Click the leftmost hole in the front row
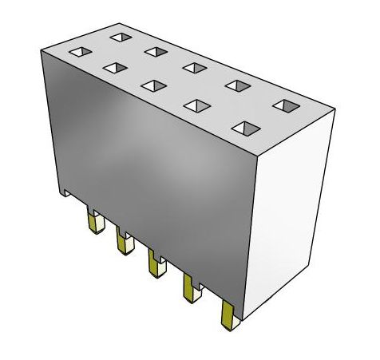coord(79,52)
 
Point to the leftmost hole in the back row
coord(121,38)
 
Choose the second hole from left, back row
coord(155,52)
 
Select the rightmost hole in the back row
coord(285,105)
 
